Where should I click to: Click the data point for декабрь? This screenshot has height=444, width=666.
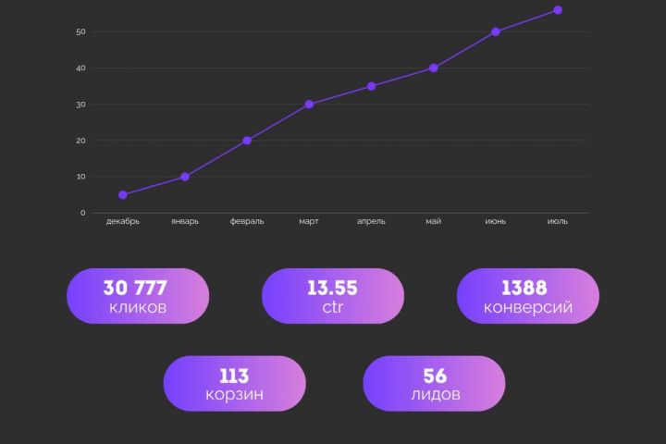[123, 195]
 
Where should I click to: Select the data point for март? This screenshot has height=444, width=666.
[309, 105]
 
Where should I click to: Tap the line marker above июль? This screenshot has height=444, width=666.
[558, 10]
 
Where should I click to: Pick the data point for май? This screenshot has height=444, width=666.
[433, 68]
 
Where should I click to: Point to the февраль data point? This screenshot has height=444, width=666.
[247, 141]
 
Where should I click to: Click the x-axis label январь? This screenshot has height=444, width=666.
[185, 222]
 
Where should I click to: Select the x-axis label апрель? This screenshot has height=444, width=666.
[371, 222]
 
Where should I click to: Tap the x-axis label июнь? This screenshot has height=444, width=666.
[495, 222]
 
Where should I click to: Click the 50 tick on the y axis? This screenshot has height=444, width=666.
[81, 32]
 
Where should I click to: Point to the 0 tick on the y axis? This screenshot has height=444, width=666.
[82, 213]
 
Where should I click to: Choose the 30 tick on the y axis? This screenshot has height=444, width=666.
[81, 105]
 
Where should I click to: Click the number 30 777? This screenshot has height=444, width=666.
[136, 288]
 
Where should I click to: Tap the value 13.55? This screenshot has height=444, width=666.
[332, 288]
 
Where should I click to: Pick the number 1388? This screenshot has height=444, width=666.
[527, 288]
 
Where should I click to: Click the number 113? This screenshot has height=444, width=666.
[234, 376]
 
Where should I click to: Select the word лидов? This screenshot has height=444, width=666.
[434, 396]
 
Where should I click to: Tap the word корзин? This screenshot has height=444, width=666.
[234, 396]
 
